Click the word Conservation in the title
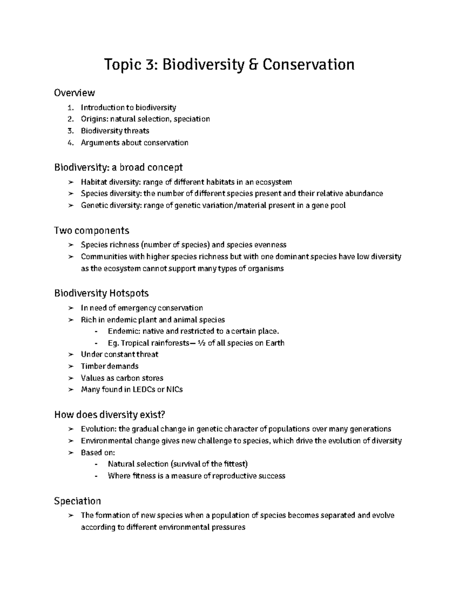pyautogui.click(x=308, y=65)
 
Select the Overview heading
pyautogui.click(x=74, y=93)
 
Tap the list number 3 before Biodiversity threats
pyautogui.click(x=70, y=131)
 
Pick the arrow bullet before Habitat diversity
pyautogui.click(x=70, y=182)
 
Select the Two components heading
pyautogui.click(x=91, y=231)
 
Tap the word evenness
pyautogui.click(x=270, y=245)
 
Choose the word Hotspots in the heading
pyautogui.click(x=129, y=293)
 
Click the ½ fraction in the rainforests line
pyautogui.click(x=202, y=343)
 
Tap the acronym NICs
pyautogui.click(x=175, y=390)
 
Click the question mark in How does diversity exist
pyautogui.click(x=165, y=415)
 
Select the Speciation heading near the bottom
pyautogui.click(x=77, y=501)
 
